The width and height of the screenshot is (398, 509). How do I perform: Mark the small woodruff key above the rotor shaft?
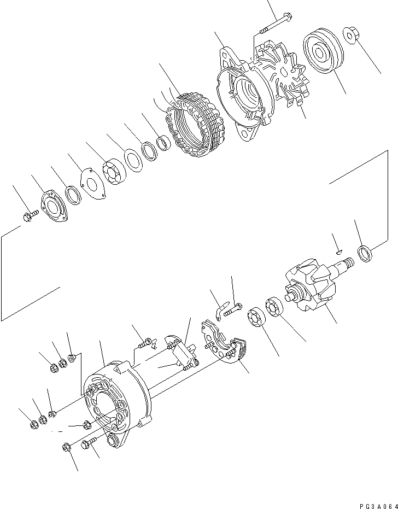[339, 252]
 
